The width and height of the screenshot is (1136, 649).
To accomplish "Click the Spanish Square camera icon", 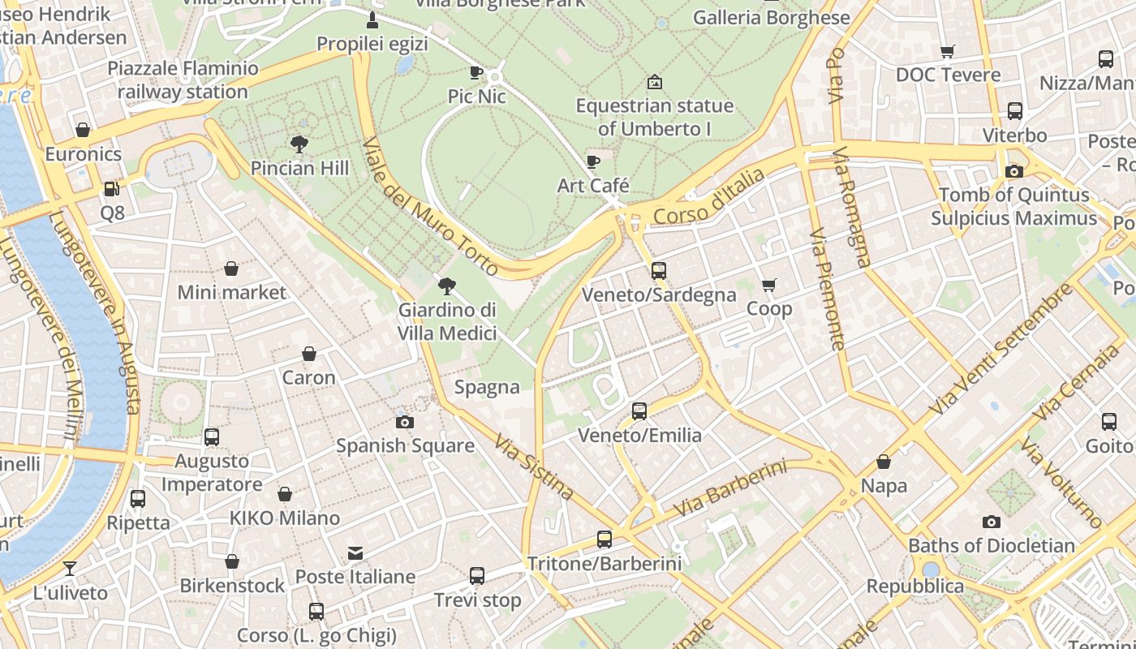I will tap(404, 422).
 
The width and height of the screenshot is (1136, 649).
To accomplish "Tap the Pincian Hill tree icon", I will tap(299, 144).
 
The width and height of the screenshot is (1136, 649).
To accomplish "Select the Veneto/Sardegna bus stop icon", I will tap(659, 271).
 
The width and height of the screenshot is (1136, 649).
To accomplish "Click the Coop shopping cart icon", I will tap(768, 285).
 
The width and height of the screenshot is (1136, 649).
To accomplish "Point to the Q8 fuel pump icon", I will tap(112, 189).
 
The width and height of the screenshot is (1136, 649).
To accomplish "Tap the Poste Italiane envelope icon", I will tap(355, 553).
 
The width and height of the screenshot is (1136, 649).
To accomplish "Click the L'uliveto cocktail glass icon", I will tap(70, 569).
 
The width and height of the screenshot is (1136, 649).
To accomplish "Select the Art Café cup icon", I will tap(593, 161).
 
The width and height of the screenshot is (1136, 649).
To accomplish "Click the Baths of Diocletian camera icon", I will tap(991, 522).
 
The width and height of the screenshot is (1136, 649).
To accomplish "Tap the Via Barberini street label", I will tap(730, 489).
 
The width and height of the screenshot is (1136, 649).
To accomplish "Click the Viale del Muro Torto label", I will tap(430, 206).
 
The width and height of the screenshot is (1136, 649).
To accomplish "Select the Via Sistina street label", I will tap(534, 468).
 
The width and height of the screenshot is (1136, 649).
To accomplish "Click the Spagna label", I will tap(487, 387).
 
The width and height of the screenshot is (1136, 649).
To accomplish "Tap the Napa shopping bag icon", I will tap(884, 462).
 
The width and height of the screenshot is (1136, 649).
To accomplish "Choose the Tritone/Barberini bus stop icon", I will tap(604, 539).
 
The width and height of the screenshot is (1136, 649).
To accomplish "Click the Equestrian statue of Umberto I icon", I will tap(654, 82).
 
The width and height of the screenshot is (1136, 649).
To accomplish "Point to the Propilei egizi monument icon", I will tap(372, 19).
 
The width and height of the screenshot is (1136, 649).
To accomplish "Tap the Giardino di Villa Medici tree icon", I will tap(446, 286).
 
